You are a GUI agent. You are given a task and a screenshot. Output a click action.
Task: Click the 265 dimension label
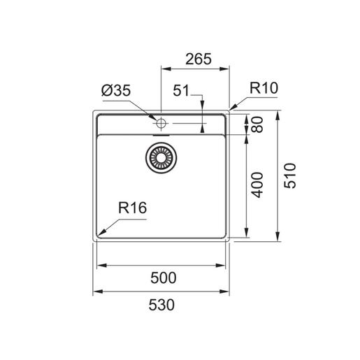tap(199, 59)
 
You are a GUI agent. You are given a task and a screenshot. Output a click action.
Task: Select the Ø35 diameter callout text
tap(116, 90)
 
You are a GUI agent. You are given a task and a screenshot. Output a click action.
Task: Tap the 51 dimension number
tap(181, 90)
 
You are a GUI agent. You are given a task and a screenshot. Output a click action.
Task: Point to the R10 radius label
tap(264, 88)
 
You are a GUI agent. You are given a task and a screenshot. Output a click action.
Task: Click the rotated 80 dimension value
tap(257, 124)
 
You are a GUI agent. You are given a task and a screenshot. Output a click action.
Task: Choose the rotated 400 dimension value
tap(257, 185)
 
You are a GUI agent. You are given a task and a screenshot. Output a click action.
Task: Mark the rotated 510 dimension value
tap(290, 175)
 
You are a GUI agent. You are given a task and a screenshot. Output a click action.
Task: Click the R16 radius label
tap(133, 208)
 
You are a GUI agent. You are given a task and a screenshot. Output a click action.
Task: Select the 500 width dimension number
tap(164, 278)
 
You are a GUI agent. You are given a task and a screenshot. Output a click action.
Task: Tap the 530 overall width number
tap(161, 305)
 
